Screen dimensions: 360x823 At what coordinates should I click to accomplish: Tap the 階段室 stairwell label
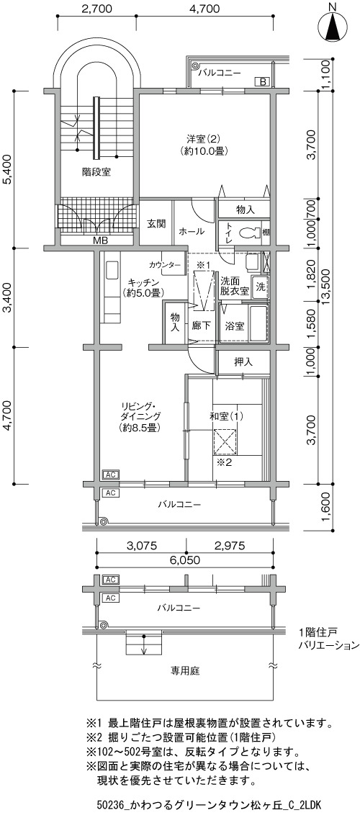tap(96, 171)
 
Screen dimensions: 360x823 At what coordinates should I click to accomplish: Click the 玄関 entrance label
tap(156, 223)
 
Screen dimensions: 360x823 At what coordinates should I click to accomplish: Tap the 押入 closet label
tap(243, 361)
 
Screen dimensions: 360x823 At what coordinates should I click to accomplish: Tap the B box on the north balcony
tap(262, 81)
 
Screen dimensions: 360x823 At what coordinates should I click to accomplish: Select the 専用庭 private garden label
tap(184, 670)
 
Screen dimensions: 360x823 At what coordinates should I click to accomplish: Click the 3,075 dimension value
tap(142, 545)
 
